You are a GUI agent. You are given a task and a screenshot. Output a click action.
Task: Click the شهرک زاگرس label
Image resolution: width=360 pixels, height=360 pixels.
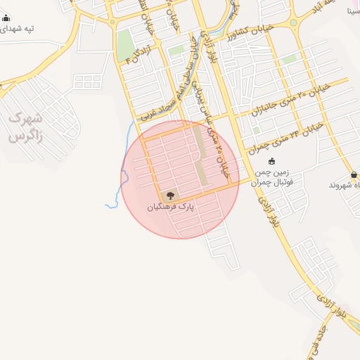26,127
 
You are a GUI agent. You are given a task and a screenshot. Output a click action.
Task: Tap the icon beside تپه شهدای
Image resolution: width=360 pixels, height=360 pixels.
6,18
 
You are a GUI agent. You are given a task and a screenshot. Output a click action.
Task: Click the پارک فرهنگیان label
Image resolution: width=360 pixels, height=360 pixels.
170,208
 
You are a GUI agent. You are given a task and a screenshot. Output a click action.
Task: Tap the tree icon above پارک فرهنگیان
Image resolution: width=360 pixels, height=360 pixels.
170,195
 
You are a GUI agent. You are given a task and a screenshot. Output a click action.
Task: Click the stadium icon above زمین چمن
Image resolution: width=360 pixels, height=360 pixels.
272,161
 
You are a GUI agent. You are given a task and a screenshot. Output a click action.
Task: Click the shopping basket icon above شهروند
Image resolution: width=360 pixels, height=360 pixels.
353,174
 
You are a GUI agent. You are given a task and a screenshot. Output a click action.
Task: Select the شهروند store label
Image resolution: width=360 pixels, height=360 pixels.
345,185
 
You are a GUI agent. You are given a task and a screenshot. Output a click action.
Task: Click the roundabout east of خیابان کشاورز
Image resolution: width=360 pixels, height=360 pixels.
293,23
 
